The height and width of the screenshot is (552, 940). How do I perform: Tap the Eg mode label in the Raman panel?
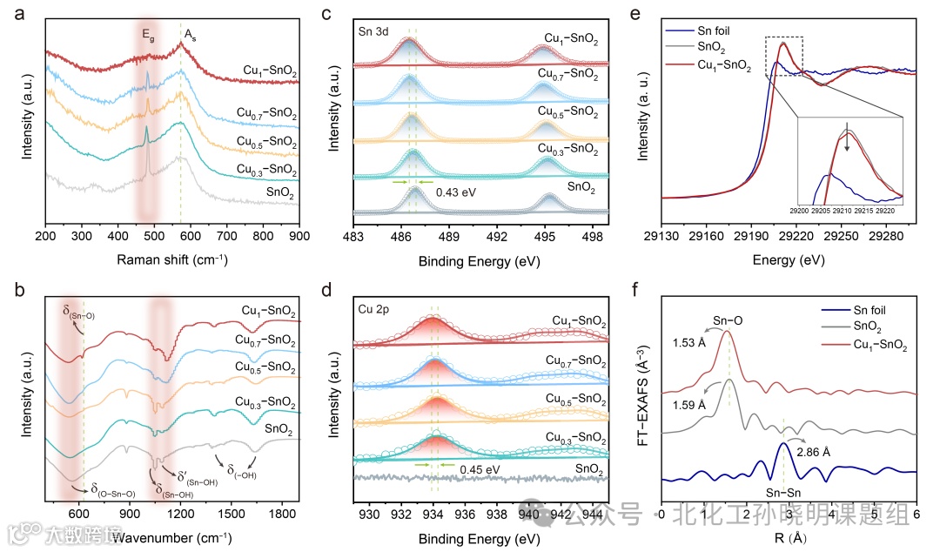point(149,36)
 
